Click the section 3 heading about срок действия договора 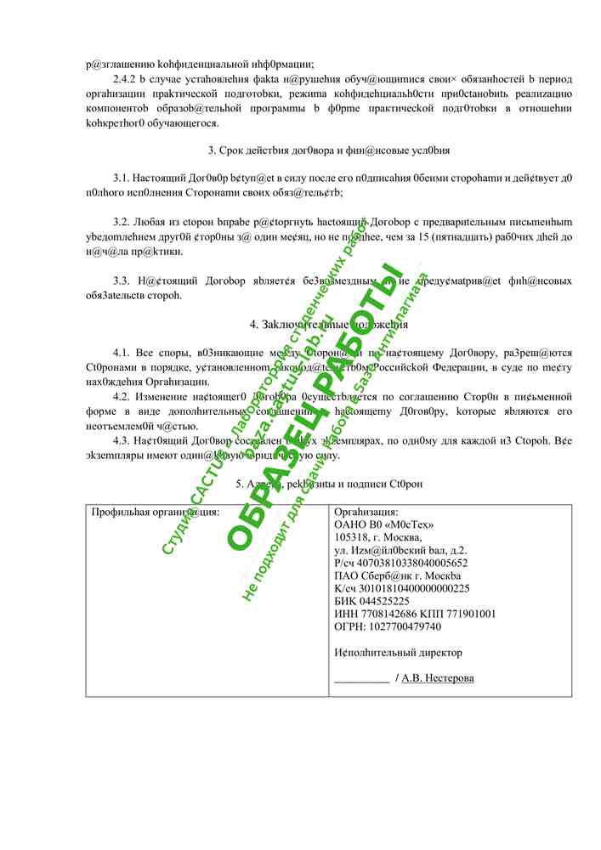tap(329, 150)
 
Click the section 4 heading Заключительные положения tap(329, 325)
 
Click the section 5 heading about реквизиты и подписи tap(329, 484)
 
